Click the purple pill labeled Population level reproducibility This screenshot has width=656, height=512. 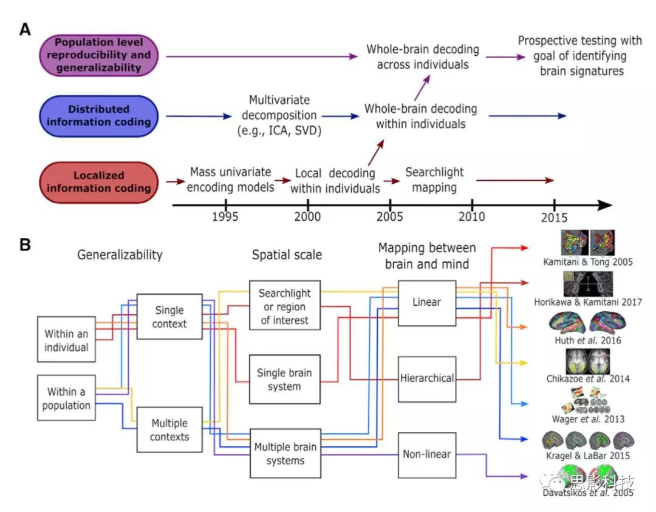pyautogui.click(x=98, y=55)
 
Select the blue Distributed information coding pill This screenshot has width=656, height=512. pyautogui.click(x=98, y=116)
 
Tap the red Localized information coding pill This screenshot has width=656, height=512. pyautogui.click(x=98, y=181)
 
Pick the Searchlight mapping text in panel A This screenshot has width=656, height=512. pyautogui.click(x=434, y=180)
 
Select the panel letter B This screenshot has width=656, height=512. pyautogui.click(x=25, y=246)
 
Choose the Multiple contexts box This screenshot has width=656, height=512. pyautogui.click(x=169, y=429)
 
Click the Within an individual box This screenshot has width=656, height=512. pyautogui.click(x=66, y=341)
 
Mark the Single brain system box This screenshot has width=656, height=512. pyautogui.click(x=284, y=380)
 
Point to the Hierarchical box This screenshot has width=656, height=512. pyautogui.click(x=427, y=379)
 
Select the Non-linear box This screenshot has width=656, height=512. pyautogui.click(x=426, y=454)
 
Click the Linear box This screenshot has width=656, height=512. pyautogui.click(x=427, y=302)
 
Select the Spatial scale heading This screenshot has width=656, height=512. pyautogui.click(x=287, y=255)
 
